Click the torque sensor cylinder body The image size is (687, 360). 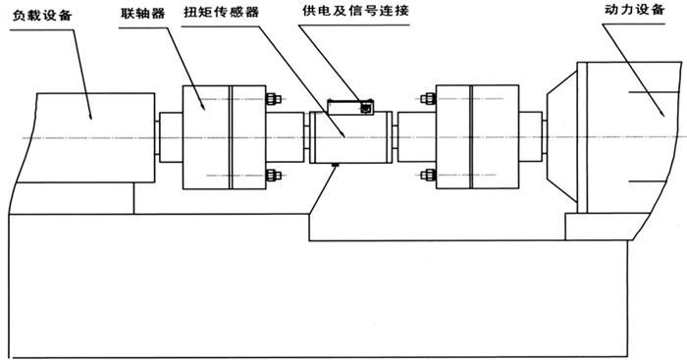tap(348, 136)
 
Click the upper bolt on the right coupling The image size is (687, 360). tap(426, 98)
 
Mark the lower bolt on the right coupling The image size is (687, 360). tap(426, 175)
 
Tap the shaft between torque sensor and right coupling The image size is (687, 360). tap(413, 136)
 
